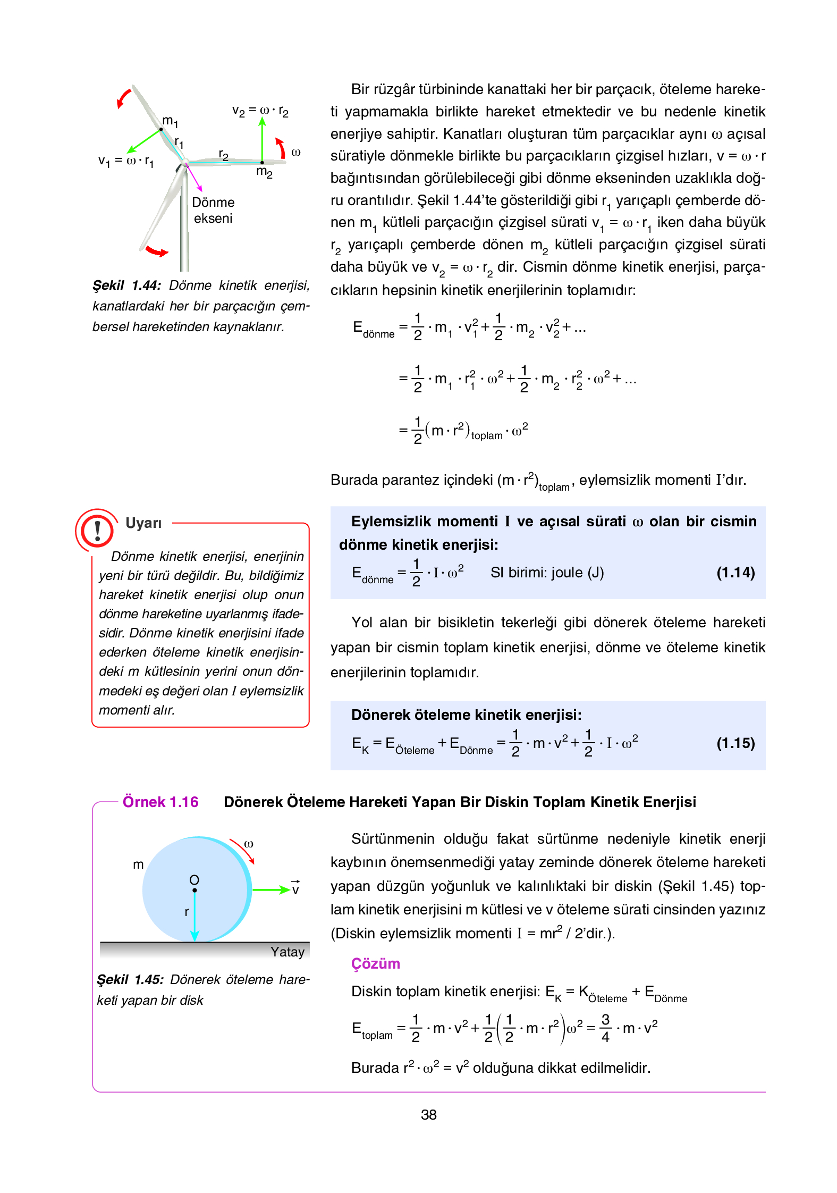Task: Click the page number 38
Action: [428, 1114]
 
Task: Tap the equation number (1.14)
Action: [735, 573]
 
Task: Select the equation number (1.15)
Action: [735, 743]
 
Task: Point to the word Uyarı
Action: [143, 523]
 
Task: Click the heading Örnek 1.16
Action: [160, 802]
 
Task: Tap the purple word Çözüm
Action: [375, 963]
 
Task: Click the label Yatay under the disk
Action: [287, 952]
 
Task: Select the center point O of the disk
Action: [195, 889]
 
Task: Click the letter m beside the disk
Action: [138, 864]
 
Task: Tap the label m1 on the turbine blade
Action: [170, 121]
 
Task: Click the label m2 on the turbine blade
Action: [264, 172]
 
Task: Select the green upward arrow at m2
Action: [262, 139]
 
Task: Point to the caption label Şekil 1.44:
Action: [126, 285]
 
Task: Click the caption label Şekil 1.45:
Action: [130, 979]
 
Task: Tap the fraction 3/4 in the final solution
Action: [605, 1028]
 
